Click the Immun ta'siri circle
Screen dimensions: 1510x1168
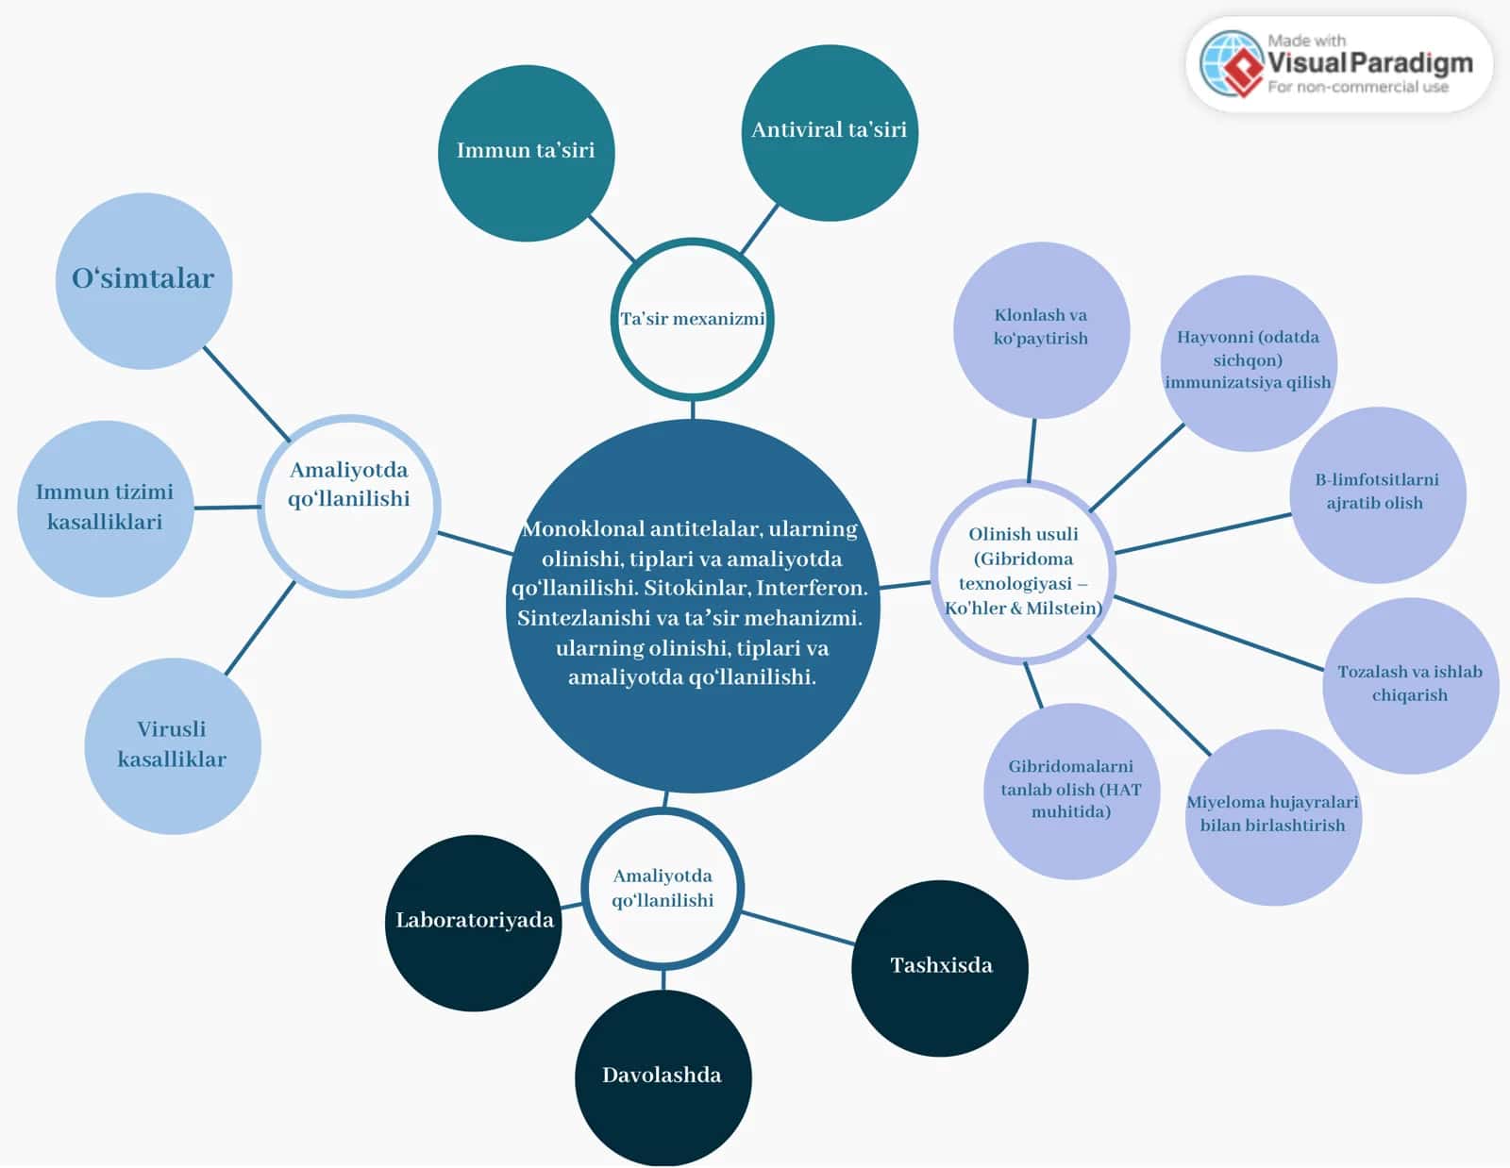(526, 154)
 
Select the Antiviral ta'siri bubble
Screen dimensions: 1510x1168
(830, 133)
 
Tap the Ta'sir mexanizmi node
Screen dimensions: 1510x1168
(692, 320)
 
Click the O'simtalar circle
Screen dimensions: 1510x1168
(143, 281)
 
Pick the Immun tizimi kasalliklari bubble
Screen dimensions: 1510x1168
(106, 509)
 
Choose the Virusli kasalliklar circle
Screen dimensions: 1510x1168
(173, 746)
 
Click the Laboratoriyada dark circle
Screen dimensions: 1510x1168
(474, 924)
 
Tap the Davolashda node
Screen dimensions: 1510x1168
(663, 1078)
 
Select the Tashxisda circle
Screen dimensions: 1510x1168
(940, 969)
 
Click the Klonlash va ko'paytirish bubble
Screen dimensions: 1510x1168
(1042, 330)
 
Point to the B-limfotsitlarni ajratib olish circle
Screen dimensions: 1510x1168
(1378, 495)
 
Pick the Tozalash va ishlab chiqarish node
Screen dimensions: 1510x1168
(1411, 686)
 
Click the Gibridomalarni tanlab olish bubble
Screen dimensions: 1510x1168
(1071, 792)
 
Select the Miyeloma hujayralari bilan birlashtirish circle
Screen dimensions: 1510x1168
(1274, 817)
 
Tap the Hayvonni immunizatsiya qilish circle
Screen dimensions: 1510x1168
(1249, 363)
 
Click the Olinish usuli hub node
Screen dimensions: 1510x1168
(1023, 572)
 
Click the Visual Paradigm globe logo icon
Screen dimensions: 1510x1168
(1232, 64)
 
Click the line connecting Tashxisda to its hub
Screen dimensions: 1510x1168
(797, 928)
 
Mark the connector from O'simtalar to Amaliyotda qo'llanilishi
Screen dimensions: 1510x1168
(246, 394)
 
